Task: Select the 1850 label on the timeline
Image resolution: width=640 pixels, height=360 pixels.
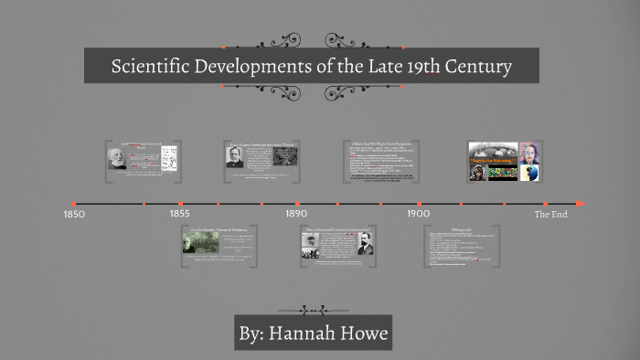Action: (x=74, y=214)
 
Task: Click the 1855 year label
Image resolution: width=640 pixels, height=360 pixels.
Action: (x=180, y=214)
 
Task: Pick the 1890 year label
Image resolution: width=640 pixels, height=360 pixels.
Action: (x=295, y=214)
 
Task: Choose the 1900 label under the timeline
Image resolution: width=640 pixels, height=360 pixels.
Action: (x=418, y=214)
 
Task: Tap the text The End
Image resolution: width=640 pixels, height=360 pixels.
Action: (x=550, y=214)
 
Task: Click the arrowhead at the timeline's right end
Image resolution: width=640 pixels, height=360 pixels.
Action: (x=581, y=203)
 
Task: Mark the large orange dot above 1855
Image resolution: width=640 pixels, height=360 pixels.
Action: (x=180, y=203)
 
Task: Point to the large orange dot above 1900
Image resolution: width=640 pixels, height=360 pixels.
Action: (x=419, y=203)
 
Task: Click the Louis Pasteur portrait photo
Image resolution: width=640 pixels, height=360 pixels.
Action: (x=234, y=156)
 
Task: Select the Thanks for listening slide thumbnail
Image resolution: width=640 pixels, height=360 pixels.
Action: (x=493, y=161)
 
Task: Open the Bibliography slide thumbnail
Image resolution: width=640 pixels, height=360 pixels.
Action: (x=461, y=245)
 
